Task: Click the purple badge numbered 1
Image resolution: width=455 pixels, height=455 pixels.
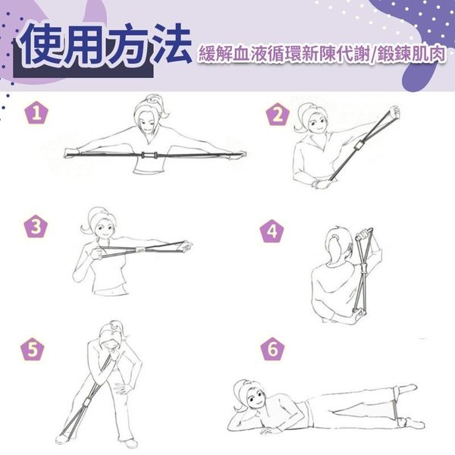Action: pos(36,113)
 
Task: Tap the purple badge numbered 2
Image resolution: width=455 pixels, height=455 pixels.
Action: pos(278,115)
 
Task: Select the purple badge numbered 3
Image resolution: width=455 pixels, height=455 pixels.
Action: pos(36,226)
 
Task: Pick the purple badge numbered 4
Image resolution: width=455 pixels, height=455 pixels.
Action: pos(271,231)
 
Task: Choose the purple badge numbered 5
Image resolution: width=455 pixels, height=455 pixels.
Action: pos(33,350)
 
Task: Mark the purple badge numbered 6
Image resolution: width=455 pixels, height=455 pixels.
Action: pos(273,349)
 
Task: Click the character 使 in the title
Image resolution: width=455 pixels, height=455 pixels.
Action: pos(42,45)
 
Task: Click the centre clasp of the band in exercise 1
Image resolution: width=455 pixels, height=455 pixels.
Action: pos(149,155)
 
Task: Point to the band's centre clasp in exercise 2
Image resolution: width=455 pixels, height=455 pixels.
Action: pos(359,145)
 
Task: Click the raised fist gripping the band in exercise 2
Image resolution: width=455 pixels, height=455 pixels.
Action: pos(394,112)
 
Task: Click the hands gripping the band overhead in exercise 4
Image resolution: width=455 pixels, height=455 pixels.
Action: pos(364,233)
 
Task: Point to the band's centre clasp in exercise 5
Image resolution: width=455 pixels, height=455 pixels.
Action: pos(86,403)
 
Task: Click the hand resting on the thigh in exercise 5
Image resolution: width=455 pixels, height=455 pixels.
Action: pos(122,388)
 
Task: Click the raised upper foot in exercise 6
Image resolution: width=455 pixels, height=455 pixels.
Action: pos(407,388)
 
